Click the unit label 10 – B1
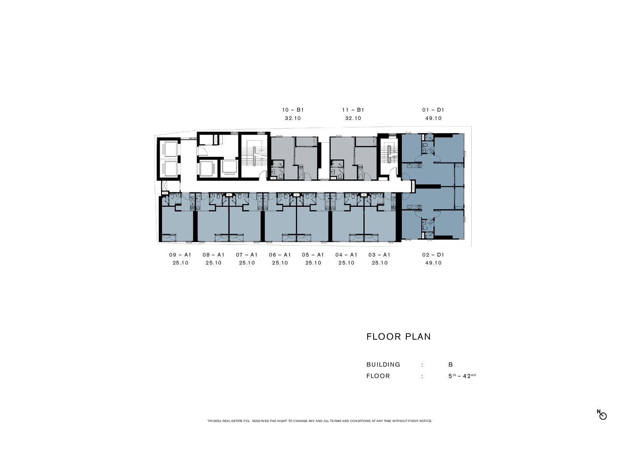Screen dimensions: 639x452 [x=293, y=110]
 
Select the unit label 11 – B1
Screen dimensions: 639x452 [x=353, y=110]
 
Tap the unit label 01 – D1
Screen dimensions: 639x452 [x=433, y=110]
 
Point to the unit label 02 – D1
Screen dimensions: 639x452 [x=433, y=255]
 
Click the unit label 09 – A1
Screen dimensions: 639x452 [x=180, y=255]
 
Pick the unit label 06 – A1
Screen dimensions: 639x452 [x=280, y=255]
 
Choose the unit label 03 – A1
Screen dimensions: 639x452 [x=379, y=255]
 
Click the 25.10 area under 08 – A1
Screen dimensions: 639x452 [x=214, y=263]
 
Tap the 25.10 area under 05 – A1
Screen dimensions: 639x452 [x=313, y=263]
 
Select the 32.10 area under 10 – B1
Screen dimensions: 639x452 [x=293, y=118]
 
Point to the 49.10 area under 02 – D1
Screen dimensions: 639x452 [x=433, y=263]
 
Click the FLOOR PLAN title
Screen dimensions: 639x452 [x=398, y=337]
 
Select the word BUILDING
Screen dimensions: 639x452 [x=383, y=365]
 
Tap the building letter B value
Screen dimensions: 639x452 [x=451, y=365]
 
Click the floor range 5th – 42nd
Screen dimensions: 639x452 [x=462, y=376]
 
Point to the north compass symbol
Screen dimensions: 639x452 [x=602, y=415]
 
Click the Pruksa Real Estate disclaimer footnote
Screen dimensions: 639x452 [x=319, y=421]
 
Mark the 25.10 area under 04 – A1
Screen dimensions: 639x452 [x=346, y=263]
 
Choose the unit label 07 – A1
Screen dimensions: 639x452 [x=247, y=255]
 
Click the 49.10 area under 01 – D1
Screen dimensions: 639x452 [x=433, y=118]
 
